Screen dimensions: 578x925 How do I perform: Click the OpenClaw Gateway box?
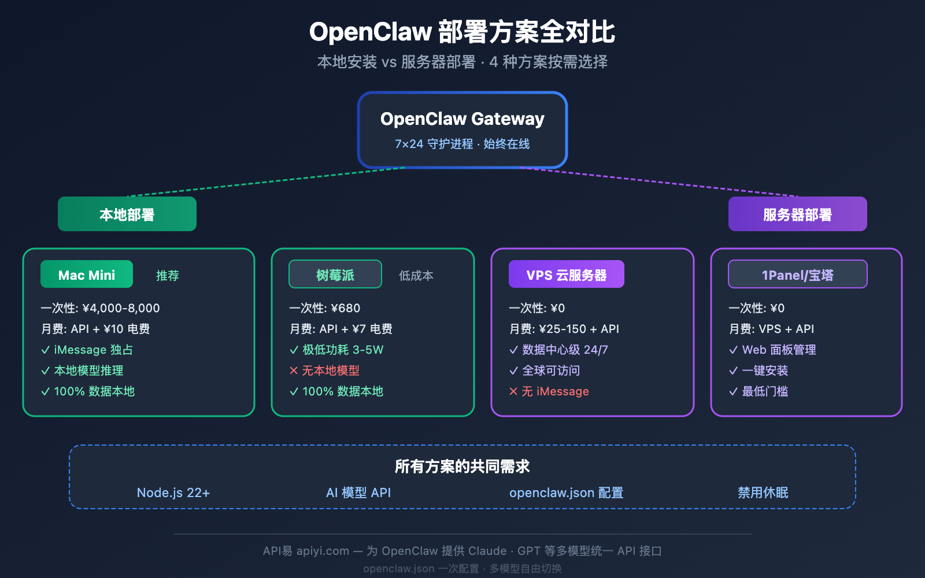[x=462, y=130]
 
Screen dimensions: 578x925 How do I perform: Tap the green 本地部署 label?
[x=127, y=214]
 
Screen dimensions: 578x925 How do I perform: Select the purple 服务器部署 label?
[x=797, y=214]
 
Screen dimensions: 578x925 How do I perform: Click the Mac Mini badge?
[x=87, y=275]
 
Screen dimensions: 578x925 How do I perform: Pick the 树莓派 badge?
[x=335, y=275]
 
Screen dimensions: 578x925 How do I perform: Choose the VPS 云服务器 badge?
[x=566, y=275]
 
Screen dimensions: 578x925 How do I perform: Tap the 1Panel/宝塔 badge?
[x=797, y=275]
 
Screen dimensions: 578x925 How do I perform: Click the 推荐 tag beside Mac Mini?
[x=168, y=276]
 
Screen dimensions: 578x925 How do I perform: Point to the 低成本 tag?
[x=416, y=276]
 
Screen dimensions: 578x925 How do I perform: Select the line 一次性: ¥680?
[x=324, y=308]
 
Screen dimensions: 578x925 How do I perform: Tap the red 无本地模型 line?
[x=325, y=370]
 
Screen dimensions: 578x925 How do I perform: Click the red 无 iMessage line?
[x=549, y=391]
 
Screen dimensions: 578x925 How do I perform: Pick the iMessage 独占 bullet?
[x=87, y=350]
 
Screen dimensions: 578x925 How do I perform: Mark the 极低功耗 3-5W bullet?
[x=336, y=350]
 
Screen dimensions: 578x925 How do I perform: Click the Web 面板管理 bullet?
[x=772, y=350]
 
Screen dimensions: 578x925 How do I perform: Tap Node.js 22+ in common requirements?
[x=173, y=492]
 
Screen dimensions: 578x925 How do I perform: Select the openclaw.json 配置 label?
[x=566, y=492]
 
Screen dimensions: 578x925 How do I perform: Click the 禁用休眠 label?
[x=763, y=492]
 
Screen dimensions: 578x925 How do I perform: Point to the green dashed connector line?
[x=266, y=182]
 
